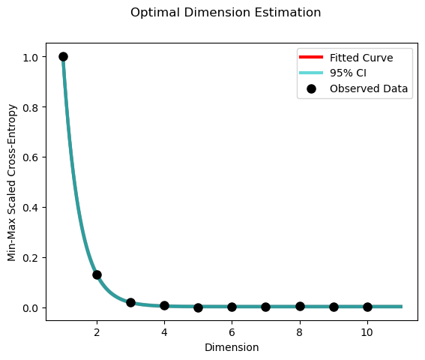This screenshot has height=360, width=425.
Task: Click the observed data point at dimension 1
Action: (63, 57)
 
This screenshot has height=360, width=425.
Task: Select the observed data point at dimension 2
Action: (97, 274)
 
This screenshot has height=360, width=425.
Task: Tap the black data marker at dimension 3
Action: (130, 302)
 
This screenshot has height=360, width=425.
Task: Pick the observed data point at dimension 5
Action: (198, 307)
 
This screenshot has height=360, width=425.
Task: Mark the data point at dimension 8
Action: (300, 306)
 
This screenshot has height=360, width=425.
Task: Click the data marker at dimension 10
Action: (367, 307)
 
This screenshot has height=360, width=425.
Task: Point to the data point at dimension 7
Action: (265, 307)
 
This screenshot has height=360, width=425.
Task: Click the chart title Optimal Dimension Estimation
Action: (226, 13)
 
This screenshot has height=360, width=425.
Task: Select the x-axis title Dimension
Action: (232, 347)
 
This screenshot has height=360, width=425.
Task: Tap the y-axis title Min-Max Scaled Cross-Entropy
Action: (12, 182)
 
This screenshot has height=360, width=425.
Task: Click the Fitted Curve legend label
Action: (361, 58)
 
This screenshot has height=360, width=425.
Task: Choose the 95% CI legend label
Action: (348, 73)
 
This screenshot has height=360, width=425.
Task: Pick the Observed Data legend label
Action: (369, 88)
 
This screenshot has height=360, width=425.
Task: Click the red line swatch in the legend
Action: (311, 57)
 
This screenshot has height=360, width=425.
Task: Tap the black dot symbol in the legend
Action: (311, 88)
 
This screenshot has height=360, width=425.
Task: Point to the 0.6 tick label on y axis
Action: (30, 157)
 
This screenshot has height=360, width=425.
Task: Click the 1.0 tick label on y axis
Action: (30, 57)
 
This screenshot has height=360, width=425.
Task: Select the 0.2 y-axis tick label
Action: (30, 258)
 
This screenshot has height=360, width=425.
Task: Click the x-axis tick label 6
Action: (232, 332)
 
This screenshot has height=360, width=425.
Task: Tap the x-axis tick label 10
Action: (367, 332)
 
